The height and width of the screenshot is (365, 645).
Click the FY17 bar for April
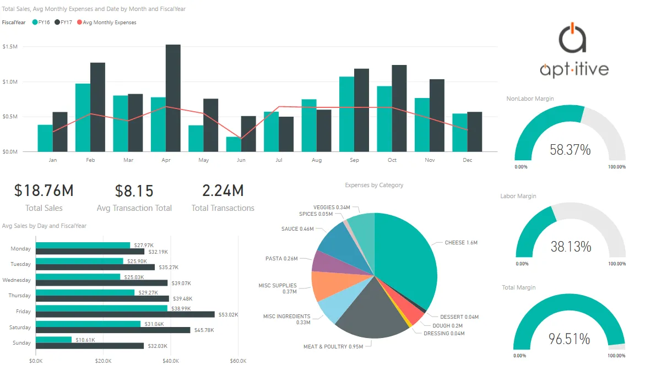coord(173,98)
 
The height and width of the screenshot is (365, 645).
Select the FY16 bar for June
coord(234,144)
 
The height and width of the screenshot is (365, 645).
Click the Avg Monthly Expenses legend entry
coord(109,23)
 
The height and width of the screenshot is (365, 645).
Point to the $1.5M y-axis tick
coord(10,47)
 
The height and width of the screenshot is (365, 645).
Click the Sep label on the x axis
coord(354,160)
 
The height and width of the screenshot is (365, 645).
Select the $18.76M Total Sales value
coord(44,191)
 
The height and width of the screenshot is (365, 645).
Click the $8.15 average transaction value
coord(134,191)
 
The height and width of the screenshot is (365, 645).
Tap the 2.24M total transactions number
coord(223,191)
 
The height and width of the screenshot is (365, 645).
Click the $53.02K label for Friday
coord(229,314)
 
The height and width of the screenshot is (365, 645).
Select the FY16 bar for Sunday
coord(53,340)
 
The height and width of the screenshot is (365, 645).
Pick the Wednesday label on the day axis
coord(17,280)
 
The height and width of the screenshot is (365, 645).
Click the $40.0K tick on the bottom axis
coord(171,361)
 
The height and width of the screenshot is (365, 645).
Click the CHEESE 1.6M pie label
coord(461,242)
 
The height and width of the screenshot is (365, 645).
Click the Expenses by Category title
coord(374,185)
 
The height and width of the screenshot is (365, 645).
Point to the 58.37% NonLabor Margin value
coord(570,149)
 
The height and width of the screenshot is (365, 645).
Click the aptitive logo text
coord(574,69)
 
